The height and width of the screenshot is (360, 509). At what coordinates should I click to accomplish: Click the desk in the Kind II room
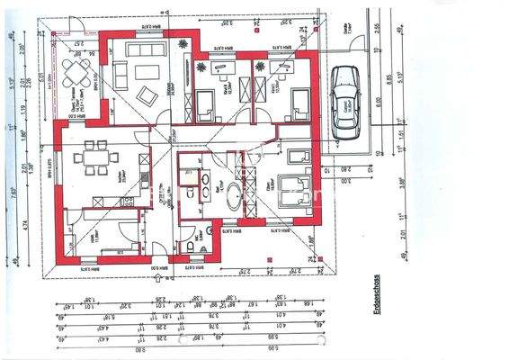pyautogui.click(x=219, y=65)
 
